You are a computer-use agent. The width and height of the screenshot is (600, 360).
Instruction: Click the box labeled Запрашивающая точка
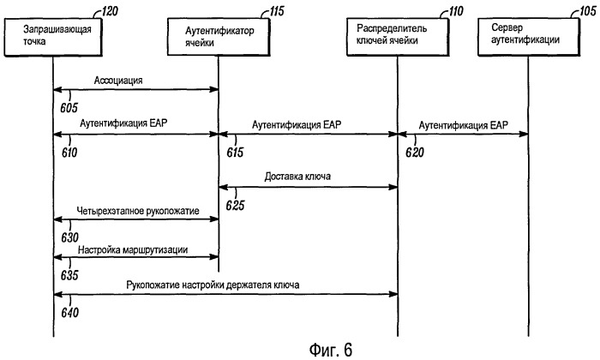click(53, 37)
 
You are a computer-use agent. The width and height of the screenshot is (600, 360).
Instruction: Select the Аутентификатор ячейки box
click(219, 37)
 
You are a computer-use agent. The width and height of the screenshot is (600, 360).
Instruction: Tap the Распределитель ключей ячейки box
click(398, 37)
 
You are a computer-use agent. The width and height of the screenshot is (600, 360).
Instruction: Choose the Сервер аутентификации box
click(529, 37)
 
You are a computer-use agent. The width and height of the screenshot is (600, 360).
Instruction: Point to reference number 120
click(111, 11)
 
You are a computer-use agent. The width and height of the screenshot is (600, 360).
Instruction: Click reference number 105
click(588, 11)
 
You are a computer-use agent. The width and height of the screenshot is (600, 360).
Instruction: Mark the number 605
click(69, 108)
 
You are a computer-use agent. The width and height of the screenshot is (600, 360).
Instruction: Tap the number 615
click(235, 153)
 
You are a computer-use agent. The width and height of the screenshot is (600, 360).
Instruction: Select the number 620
click(415, 153)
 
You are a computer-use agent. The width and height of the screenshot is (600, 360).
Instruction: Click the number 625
click(235, 206)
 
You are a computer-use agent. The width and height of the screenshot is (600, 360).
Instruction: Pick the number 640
click(70, 313)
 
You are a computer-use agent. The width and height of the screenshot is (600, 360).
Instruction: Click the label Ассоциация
click(118, 81)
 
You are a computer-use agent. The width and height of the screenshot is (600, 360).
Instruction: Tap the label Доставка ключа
click(297, 177)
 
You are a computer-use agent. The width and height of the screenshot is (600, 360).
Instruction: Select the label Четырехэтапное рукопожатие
click(138, 211)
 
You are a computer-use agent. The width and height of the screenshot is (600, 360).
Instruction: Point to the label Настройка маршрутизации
click(133, 250)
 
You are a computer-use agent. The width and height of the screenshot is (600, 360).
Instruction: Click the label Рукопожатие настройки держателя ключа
click(213, 285)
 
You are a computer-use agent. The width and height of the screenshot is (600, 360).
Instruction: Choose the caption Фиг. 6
click(330, 350)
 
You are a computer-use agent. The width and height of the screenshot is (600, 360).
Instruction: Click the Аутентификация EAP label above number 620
click(464, 125)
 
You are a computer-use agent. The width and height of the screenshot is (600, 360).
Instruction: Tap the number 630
click(69, 237)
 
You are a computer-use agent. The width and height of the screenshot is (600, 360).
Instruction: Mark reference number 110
click(456, 11)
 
